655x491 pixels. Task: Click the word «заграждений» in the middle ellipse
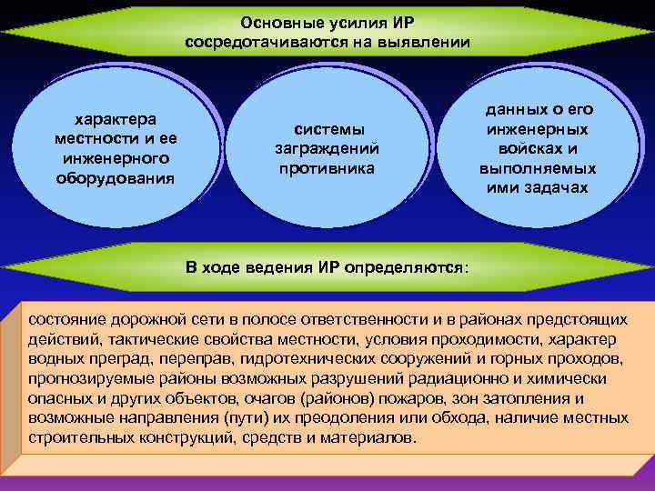tap(327, 148)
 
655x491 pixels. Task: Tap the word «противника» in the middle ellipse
tap(327, 168)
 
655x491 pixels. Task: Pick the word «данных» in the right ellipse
tap(512, 109)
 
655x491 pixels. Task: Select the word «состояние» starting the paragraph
tap(66, 319)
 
